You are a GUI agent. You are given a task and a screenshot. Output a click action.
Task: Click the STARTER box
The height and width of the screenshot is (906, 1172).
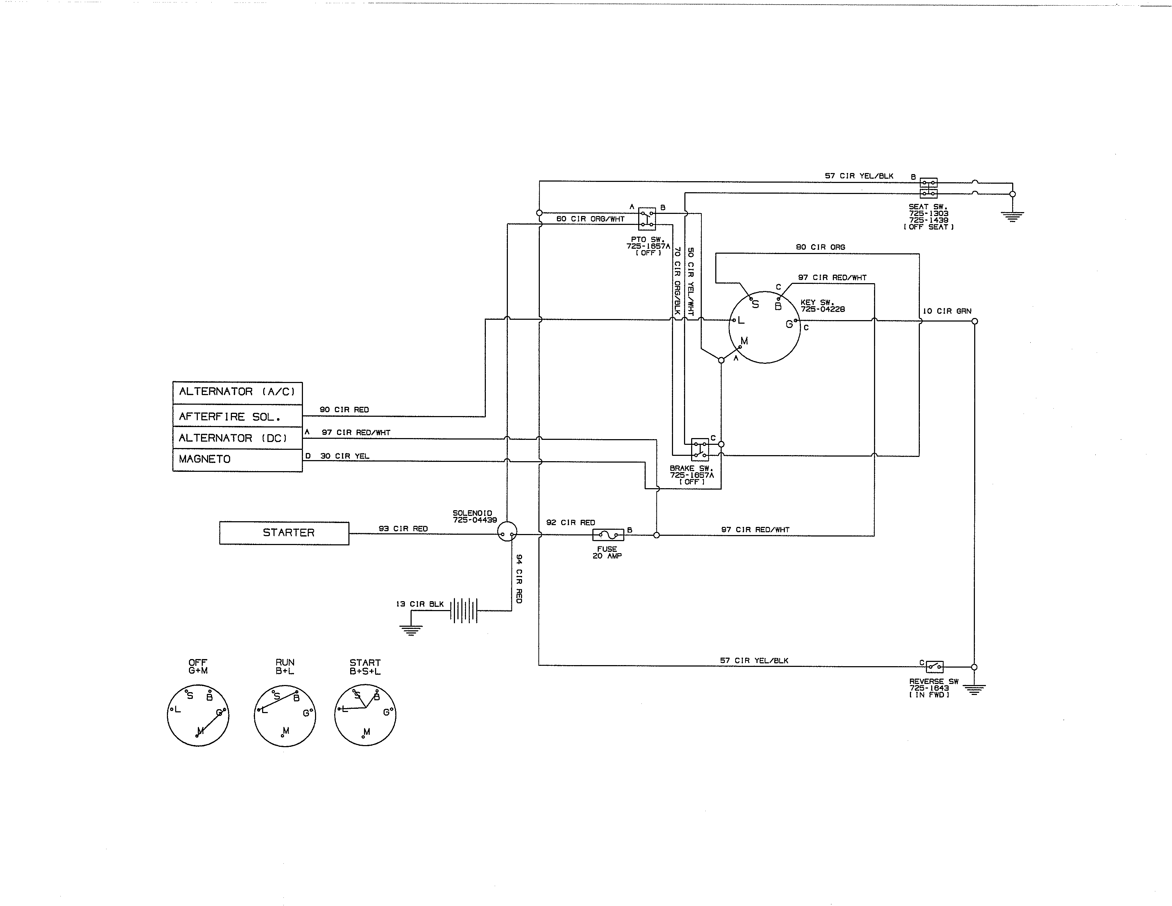(284, 533)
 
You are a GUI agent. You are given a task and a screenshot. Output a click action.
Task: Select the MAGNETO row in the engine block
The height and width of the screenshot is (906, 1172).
(237, 459)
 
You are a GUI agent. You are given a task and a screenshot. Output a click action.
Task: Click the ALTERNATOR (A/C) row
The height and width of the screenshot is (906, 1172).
(237, 392)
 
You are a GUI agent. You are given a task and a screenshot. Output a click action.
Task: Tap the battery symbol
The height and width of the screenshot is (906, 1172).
(463, 610)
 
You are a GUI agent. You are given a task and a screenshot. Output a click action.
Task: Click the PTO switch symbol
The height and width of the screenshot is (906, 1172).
(647, 219)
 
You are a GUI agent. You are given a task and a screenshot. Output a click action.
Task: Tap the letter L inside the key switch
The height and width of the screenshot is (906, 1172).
(741, 320)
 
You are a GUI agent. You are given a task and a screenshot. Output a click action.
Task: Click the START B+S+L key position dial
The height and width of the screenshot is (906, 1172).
(365, 715)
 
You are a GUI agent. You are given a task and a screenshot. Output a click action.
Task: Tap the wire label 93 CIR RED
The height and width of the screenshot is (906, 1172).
(403, 529)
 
